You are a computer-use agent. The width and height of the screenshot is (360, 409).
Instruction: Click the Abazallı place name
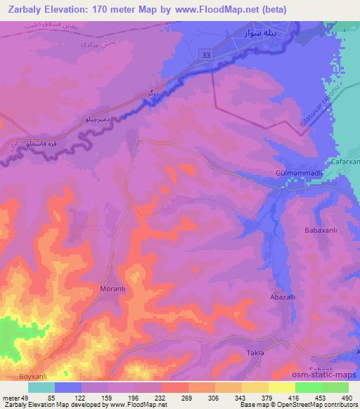(x=284, y=297)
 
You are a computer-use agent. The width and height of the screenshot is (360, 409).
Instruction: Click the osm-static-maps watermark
(x=331, y=375)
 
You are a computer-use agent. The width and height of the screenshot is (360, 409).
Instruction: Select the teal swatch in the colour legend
(x=41, y=387)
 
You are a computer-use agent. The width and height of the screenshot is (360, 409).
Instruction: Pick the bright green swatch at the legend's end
(x=335, y=387)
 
